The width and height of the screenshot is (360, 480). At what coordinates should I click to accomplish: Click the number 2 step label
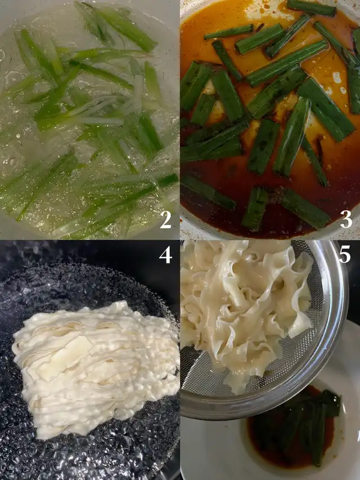[165, 219]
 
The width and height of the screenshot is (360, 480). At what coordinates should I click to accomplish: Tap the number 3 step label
[346, 219]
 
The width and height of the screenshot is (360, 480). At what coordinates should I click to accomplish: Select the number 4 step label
[165, 254]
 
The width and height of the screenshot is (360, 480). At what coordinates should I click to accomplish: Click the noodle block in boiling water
[95, 367]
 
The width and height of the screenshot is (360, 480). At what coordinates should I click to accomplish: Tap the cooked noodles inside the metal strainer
[245, 309]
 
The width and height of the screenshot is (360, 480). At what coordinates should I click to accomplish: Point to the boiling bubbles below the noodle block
[92, 456]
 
